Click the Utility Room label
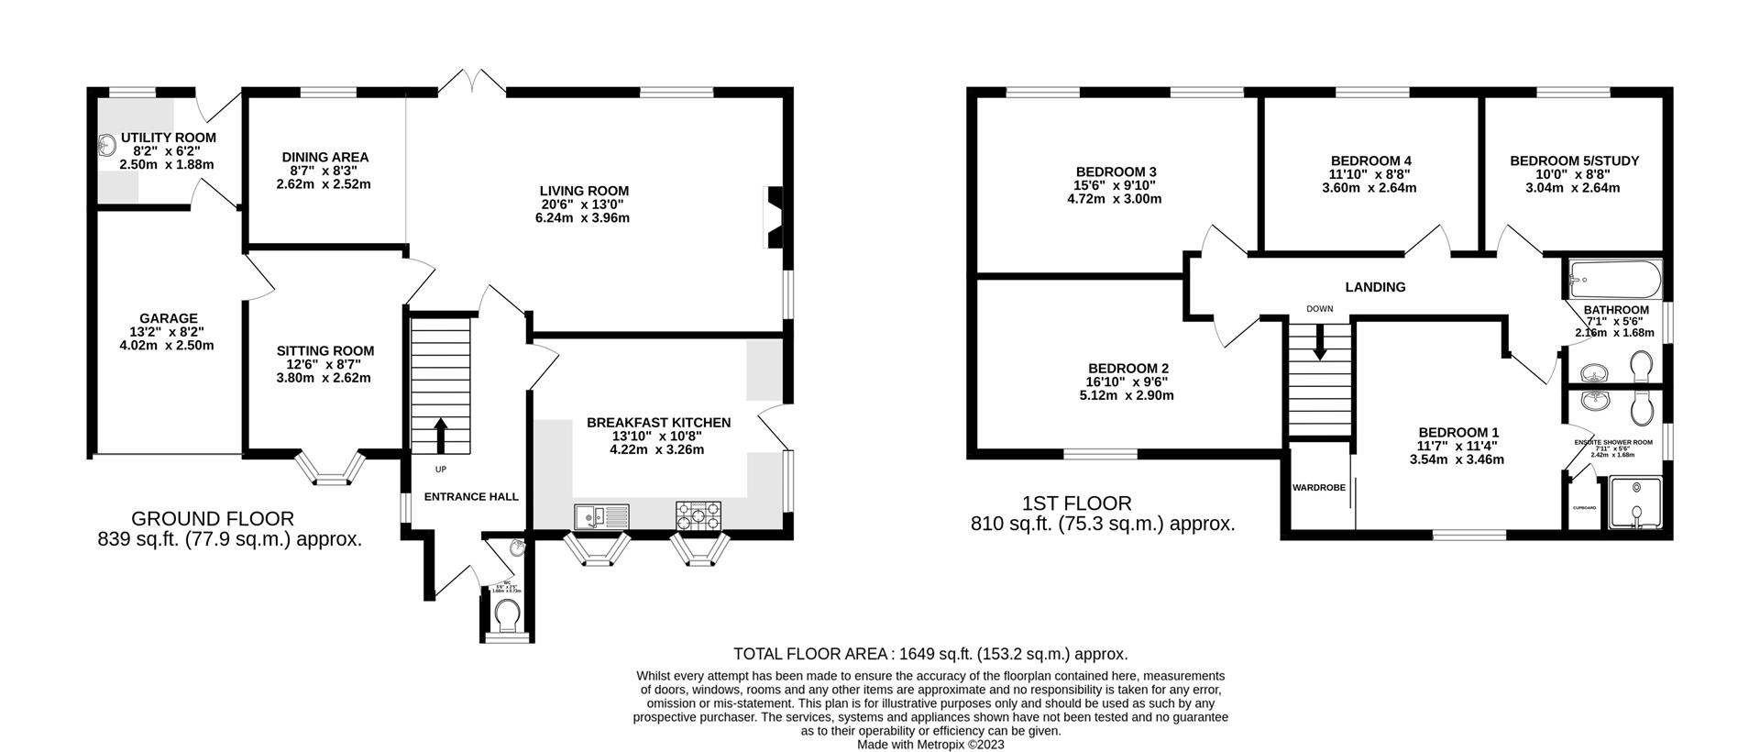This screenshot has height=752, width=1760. tap(168, 138)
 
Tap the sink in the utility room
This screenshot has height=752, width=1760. tap(107, 144)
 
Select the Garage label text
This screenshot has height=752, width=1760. tap(168, 318)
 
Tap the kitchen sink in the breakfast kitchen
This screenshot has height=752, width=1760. tap(602, 516)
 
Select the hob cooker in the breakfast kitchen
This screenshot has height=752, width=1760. tap(698, 515)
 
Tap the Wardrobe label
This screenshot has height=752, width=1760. tap(1318, 488)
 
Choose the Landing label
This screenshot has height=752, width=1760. tap(1375, 287)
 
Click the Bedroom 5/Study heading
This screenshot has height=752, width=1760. tap(1574, 160)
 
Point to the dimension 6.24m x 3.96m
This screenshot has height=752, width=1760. tap(584, 218)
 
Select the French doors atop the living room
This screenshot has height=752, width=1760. tap(472, 83)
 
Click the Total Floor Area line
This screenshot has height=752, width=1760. tap(929, 654)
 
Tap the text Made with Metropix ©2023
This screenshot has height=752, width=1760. tap(929, 745)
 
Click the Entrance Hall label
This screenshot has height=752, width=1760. tap(471, 496)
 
